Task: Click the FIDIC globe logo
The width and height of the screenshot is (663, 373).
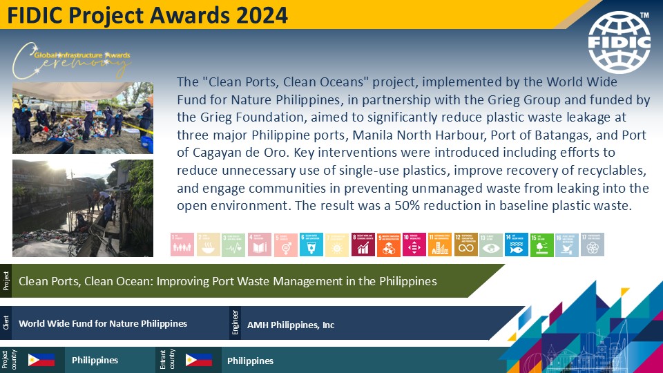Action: [619, 42]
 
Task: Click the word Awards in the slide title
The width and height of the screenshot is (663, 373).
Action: [177, 15]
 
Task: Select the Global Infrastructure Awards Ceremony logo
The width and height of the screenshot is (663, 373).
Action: [73, 61]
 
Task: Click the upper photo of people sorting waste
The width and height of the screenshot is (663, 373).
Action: [82, 117]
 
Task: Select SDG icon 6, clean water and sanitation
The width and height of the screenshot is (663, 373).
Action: [311, 244]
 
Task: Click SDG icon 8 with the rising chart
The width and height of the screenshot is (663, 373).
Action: [363, 244]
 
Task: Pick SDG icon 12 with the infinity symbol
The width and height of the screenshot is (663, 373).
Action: [465, 244]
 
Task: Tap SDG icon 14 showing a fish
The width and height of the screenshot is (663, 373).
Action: [517, 244]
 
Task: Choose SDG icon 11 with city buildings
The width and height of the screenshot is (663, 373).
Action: [440, 244]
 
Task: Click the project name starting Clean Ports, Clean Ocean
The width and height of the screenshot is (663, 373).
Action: [228, 281]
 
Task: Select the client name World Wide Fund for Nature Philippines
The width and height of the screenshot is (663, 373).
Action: [103, 323]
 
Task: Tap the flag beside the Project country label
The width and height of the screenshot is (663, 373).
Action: [41, 360]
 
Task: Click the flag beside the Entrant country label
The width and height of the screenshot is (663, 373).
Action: [199, 360]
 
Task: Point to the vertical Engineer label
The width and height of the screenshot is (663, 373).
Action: [236, 323]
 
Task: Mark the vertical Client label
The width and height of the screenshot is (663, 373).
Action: [6, 323]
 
